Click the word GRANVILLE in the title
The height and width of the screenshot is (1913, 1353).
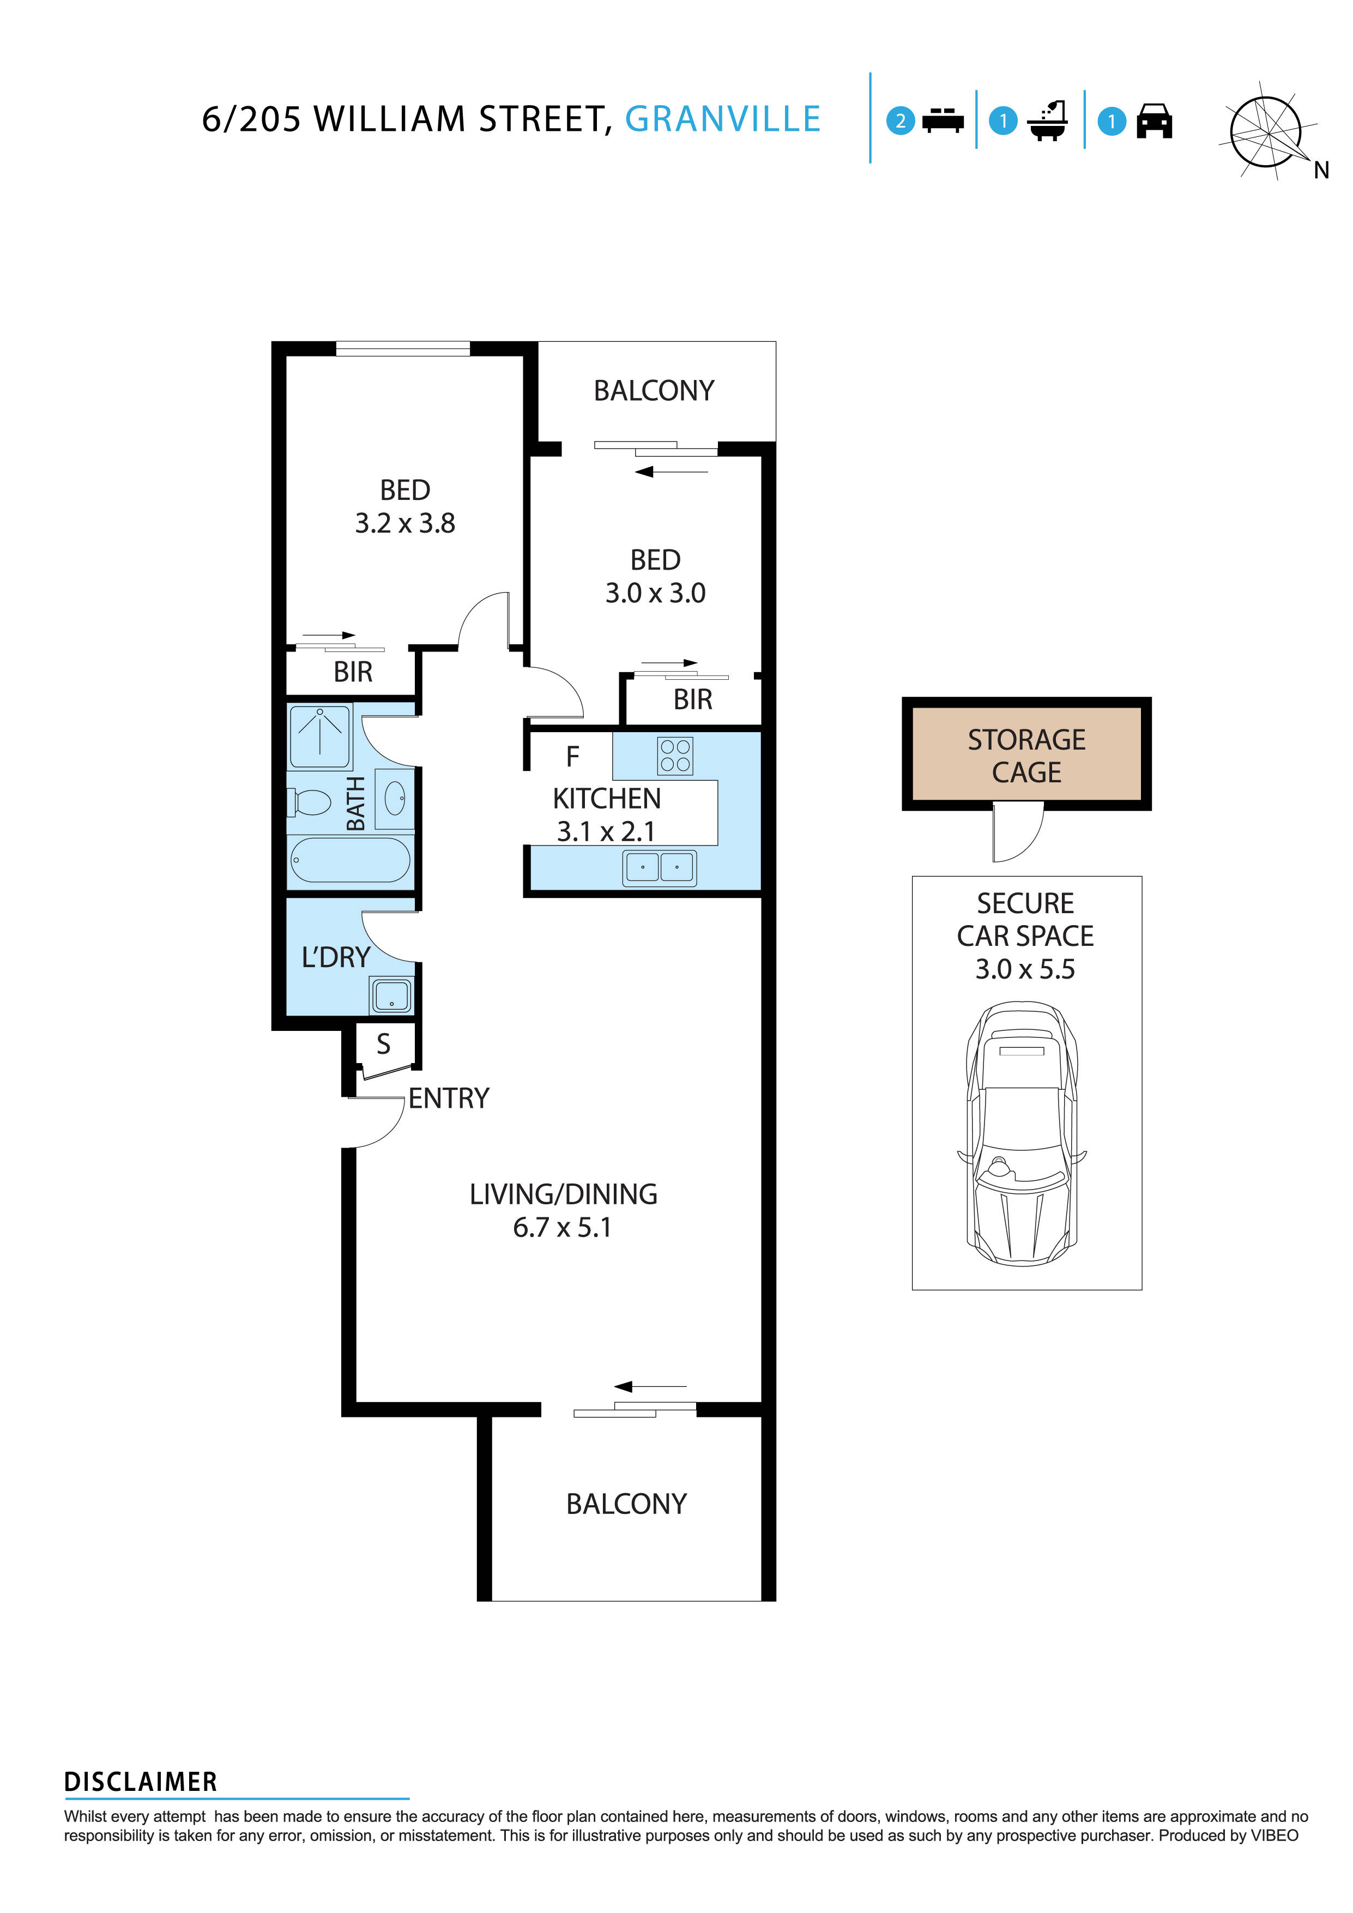pos(722,119)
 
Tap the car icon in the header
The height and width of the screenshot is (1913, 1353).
pos(1154,121)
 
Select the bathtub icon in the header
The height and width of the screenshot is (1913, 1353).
pos(1048,122)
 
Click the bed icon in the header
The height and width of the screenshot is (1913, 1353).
pos(943,121)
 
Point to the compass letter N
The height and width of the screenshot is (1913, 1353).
pos(1321,171)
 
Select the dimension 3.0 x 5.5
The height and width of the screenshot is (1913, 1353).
pos(1025,969)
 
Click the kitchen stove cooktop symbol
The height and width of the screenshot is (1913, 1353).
pos(675,755)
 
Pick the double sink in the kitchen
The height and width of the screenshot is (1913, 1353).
pos(659,867)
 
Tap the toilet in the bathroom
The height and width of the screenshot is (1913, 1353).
pos(311,803)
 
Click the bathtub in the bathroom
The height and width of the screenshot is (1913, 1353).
pos(350,859)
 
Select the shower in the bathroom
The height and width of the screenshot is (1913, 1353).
pos(320,735)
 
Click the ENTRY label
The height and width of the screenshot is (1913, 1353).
pos(448,1098)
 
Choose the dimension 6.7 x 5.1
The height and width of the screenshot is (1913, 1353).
pos(563,1227)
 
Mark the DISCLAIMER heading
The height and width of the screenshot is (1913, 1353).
pos(141,1782)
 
